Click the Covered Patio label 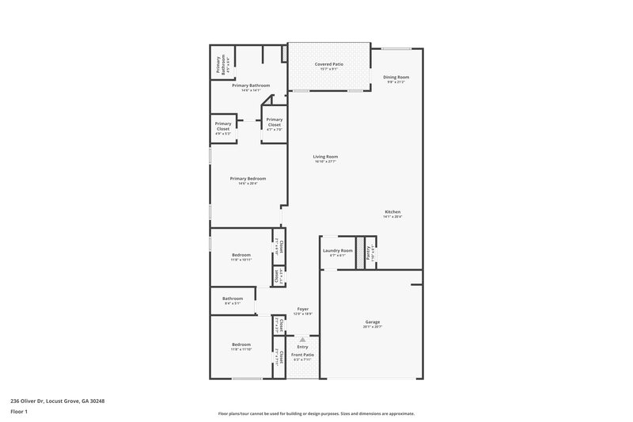tap(328, 64)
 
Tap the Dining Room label tap(397, 78)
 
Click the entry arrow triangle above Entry tap(301, 338)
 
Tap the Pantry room tap(369, 252)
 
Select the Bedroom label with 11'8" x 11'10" tap(241, 346)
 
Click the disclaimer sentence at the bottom tap(316, 413)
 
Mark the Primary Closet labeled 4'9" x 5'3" tap(223, 126)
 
